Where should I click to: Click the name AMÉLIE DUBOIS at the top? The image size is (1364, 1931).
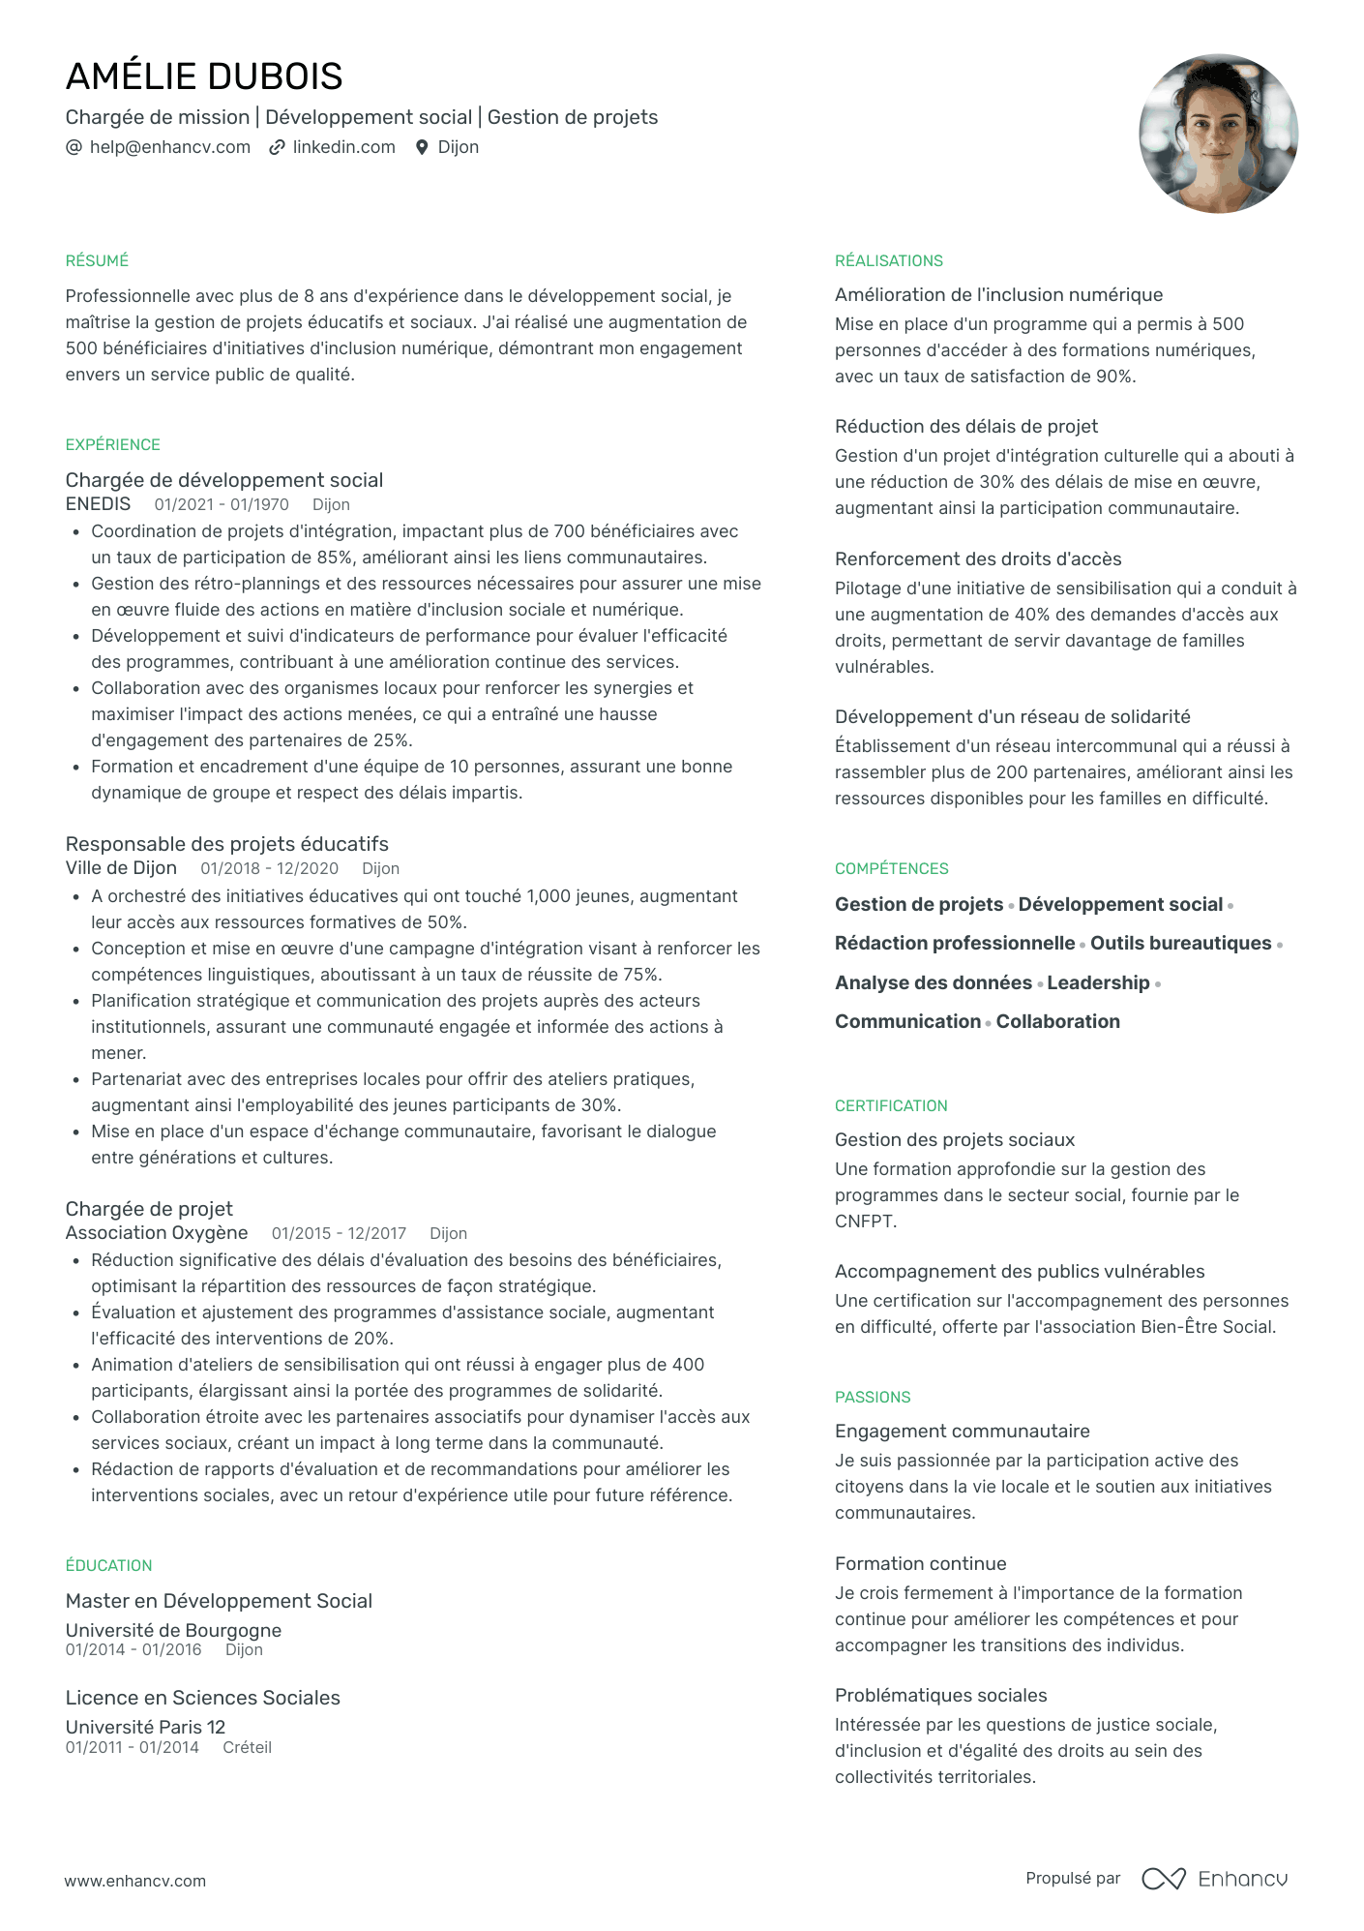pyautogui.click(x=204, y=76)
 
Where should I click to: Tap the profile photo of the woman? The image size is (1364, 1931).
pyautogui.click(x=1218, y=134)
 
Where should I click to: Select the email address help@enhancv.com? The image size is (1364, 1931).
pyautogui.click(x=169, y=147)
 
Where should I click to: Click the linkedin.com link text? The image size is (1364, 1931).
pyautogui.click(x=343, y=147)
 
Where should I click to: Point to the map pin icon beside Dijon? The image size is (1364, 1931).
pyautogui.click(x=422, y=147)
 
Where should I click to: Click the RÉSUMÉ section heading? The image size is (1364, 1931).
pyautogui.click(x=97, y=261)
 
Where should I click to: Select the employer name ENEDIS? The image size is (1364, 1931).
pyautogui.click(x=98, y=504)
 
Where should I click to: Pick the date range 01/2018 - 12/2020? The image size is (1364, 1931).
pyautogui.click(x=269, y=869)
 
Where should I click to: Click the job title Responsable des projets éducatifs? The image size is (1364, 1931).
pyautogui.click(x=226, y=844)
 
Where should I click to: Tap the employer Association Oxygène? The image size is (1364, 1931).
pyautogui.click(x=157, y=1233)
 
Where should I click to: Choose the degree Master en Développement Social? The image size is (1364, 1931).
pyautogui.click(x=219, y=1601)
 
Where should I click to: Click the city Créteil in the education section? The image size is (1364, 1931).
pyautogui.click(x=247, y=1747)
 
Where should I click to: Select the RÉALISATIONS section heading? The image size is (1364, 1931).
pyautogui.click(x=888, y=261)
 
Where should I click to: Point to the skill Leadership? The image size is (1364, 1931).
pyautogui.click(x=1098, y=982)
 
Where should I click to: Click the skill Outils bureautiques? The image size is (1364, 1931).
pyautogui.click(x=1180, y=944)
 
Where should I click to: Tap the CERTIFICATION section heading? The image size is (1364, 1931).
pyautogui.click(x=891, y=1106)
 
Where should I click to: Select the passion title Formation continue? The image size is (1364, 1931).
pyautogui.click(x=920, y=1563)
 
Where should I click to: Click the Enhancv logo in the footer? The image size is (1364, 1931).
pyautogui.click(x=1215, y=1879)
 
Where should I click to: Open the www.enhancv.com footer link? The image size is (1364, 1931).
pyautogui.click(x=135, y=1881)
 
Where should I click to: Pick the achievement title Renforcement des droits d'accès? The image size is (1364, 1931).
pyautogui.click(x=978, y=558)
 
